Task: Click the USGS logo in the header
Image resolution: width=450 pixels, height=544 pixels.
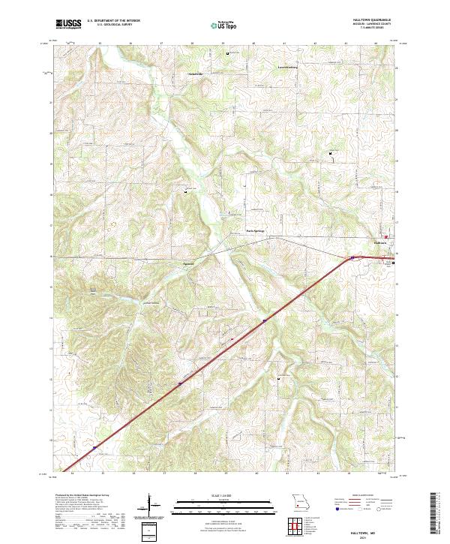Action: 68,24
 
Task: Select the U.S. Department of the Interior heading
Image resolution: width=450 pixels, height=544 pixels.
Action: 112,21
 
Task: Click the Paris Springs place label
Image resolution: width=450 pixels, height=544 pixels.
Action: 256,230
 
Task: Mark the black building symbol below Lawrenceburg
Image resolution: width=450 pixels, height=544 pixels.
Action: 331,155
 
